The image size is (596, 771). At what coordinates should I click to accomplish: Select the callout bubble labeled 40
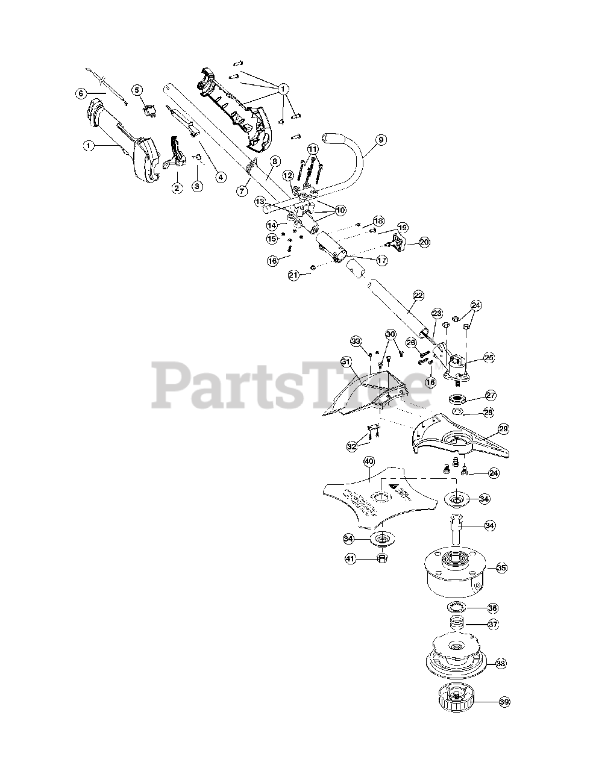[369, 461]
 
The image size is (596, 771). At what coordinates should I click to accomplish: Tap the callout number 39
[504, 702]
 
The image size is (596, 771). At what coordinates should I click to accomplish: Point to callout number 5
[137, 90]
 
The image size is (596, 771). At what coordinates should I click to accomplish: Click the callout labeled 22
[418, 295]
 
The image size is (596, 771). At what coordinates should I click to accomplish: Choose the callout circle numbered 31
[346, 361]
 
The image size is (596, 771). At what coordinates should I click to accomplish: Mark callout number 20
[424, 242]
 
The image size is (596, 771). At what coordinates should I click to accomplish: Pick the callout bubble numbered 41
[350, 558]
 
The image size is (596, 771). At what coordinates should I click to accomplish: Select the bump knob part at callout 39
[459, 700]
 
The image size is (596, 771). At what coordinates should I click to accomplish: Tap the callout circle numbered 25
[489, 358]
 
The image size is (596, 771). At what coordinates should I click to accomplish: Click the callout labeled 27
[491, 396]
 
